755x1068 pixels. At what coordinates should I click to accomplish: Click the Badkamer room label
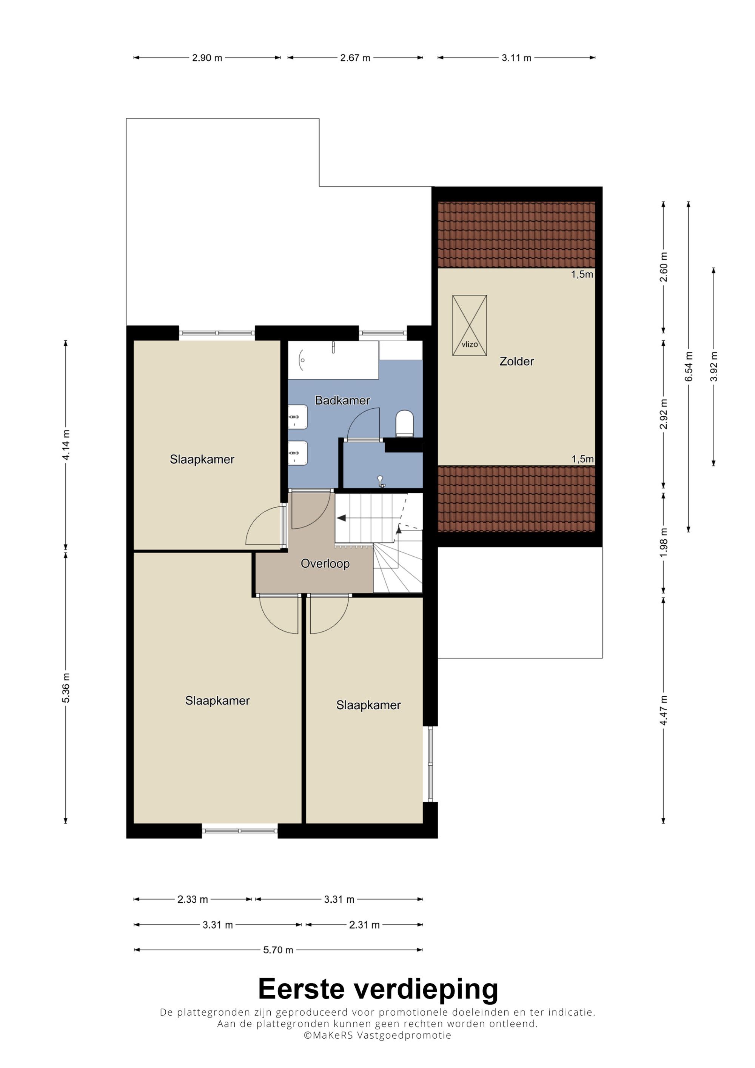[342, 400]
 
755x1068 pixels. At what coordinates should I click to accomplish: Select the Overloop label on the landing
[325, 563]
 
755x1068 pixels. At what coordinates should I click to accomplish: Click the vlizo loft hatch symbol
[469, 325]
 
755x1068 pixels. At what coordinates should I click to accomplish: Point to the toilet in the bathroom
[404, 423]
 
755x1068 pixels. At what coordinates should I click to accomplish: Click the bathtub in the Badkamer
[333, 360]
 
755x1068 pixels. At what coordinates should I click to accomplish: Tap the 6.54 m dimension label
[689, 366]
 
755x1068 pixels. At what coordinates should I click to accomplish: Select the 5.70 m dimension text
[278, 950]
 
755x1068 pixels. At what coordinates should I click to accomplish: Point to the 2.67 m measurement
[355, 58]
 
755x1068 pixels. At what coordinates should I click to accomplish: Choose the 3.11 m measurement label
[516, 58]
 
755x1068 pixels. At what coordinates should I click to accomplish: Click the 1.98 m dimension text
[664, 542]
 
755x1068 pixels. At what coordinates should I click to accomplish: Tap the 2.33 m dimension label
[193, 900]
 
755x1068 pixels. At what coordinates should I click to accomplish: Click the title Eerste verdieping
[378, 989]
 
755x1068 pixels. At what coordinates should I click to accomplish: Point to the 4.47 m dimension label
[664, 710]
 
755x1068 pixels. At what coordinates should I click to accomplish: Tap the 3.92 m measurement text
[713, 366]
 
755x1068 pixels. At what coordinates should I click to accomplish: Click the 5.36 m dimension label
[66, 688]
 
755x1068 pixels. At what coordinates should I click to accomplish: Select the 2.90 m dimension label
[207, 58]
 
